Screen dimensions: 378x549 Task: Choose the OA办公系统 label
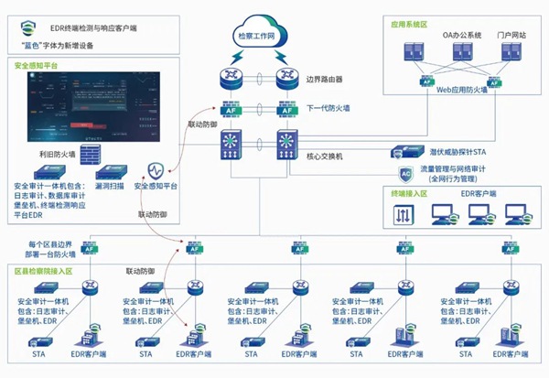pyautogui.click(x=463, y=35)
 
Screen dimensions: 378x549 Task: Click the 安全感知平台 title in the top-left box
pyautogui.click(x=36, y=66)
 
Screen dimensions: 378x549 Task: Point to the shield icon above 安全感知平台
pyautogui.click(x=156, y=169)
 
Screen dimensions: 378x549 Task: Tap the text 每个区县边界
pyautogui.click(x=51, y=244)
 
